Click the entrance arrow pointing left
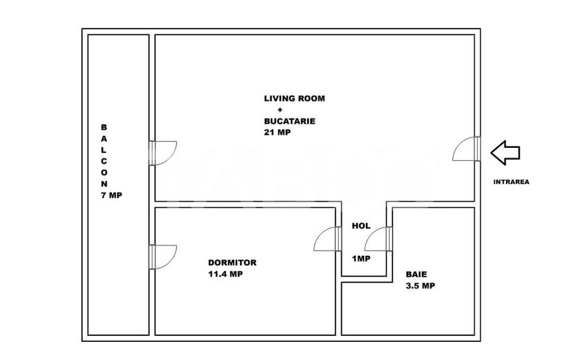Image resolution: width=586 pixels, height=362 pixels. tap(505, 153)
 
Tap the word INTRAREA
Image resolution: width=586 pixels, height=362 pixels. tap(511, 182)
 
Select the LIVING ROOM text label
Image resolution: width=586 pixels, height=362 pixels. tap(294, 99)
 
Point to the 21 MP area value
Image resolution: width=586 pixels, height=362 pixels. tap(277, 132)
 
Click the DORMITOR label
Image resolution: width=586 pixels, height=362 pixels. tap(232, 262)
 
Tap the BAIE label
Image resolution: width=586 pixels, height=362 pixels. tap(417, 274)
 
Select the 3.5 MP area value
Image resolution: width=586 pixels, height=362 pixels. tap(420, 285)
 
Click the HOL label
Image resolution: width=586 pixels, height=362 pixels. tap(361, 226)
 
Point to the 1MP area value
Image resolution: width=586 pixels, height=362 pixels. tap(361, 258)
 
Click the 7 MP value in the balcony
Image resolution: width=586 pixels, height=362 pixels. tap(112, 195)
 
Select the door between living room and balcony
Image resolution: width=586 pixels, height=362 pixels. tap(163, 153)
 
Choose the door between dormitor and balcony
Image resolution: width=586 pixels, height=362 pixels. tap(163, 256)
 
